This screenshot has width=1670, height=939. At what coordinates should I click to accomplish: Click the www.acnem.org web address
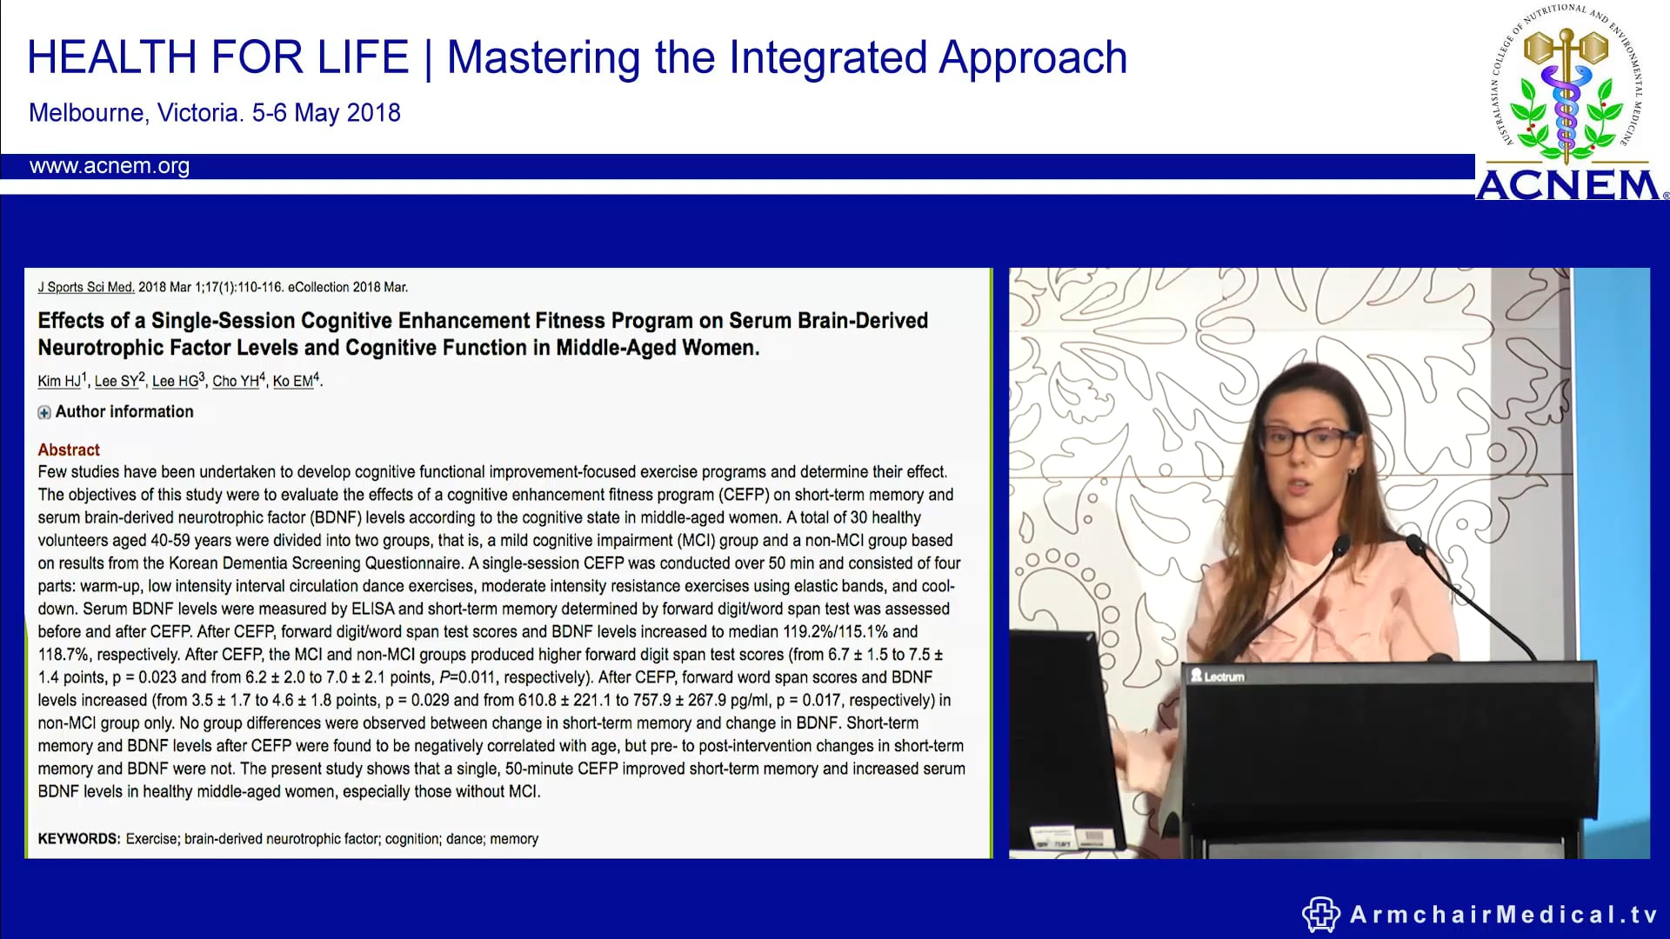109,166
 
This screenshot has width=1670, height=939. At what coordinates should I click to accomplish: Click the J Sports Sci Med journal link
85,287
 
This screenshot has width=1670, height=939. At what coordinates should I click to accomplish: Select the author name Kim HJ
59,381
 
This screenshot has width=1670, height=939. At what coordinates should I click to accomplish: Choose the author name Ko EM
293,381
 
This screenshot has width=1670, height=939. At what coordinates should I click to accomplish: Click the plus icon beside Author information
44,413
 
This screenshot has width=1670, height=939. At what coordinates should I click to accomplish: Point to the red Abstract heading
69,450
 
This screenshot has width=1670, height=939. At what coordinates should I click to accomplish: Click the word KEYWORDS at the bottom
78,839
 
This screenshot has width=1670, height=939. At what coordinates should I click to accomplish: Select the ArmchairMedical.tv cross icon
1320,915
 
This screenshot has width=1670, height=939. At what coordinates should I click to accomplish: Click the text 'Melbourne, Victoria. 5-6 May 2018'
214,113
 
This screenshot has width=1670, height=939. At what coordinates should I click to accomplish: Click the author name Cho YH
236,381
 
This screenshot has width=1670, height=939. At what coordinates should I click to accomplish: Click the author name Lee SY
117,381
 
